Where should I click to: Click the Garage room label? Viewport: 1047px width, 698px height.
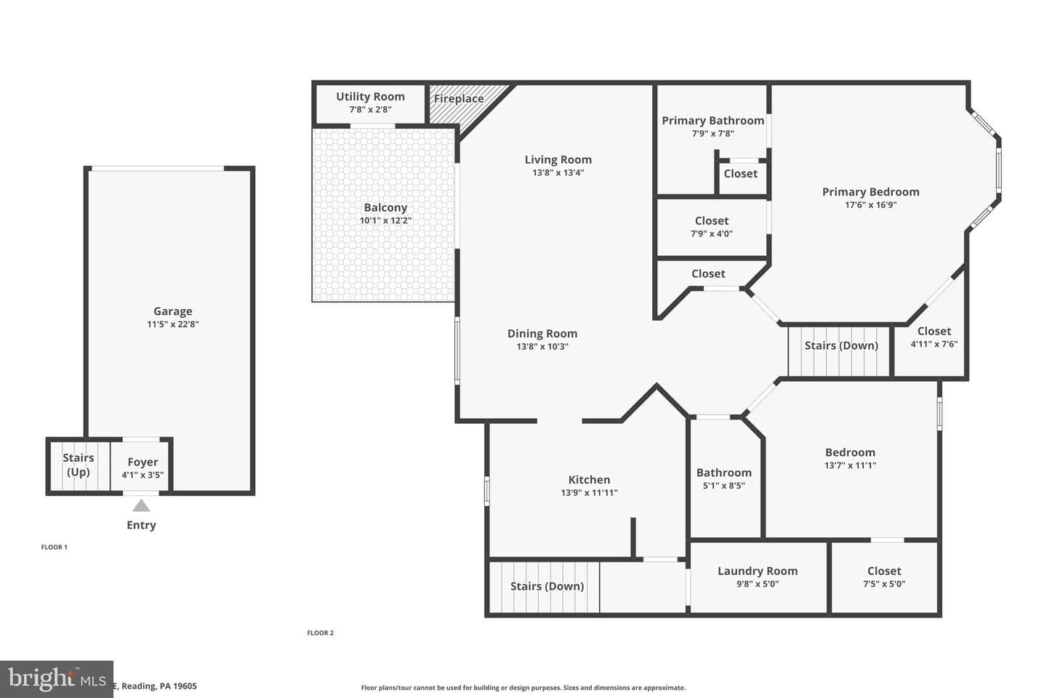coord(173,311)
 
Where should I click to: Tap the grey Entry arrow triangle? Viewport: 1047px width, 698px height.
coord(141,506)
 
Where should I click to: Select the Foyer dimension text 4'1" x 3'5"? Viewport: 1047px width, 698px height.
coord(143,475)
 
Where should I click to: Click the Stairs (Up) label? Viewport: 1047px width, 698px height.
coord(78,465)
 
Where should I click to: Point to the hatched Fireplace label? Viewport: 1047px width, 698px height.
coord(459,99)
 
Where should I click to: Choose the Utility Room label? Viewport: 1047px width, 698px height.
coord(370,96)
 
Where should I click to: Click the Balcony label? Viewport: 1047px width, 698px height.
coord(385,207)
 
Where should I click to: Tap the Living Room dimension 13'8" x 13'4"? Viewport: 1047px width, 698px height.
coord(558,172)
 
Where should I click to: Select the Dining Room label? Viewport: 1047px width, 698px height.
coord(542,333)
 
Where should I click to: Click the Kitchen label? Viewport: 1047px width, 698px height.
coord(589,479)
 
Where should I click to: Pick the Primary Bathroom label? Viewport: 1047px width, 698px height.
coord(713,121)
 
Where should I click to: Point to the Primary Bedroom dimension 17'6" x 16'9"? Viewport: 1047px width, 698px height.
coord(871,205)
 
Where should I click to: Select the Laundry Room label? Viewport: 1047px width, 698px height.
coord(758,571)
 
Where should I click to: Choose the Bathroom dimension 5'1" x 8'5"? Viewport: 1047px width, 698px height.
coord(724,486)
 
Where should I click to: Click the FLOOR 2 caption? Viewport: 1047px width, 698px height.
coord(320,633)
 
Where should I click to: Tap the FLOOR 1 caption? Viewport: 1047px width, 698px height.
coord(55,547)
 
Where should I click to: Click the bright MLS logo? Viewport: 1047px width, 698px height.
coord(57,679)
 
